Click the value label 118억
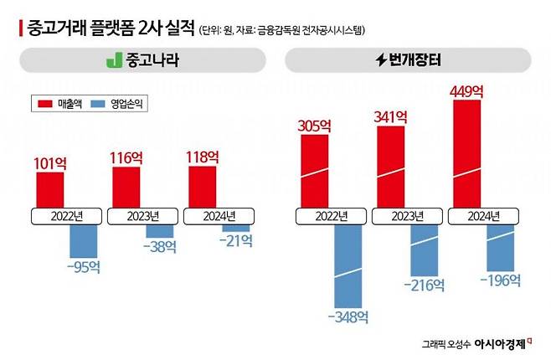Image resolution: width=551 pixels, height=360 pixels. (x=202, y=157)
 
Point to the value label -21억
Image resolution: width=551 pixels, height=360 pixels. (x=236, y=241)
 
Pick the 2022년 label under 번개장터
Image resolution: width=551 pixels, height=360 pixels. (x=330, y=215)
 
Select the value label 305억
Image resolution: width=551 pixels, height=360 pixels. (x=316, y=126)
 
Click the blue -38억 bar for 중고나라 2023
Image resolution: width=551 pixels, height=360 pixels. (x=159, y=230)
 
